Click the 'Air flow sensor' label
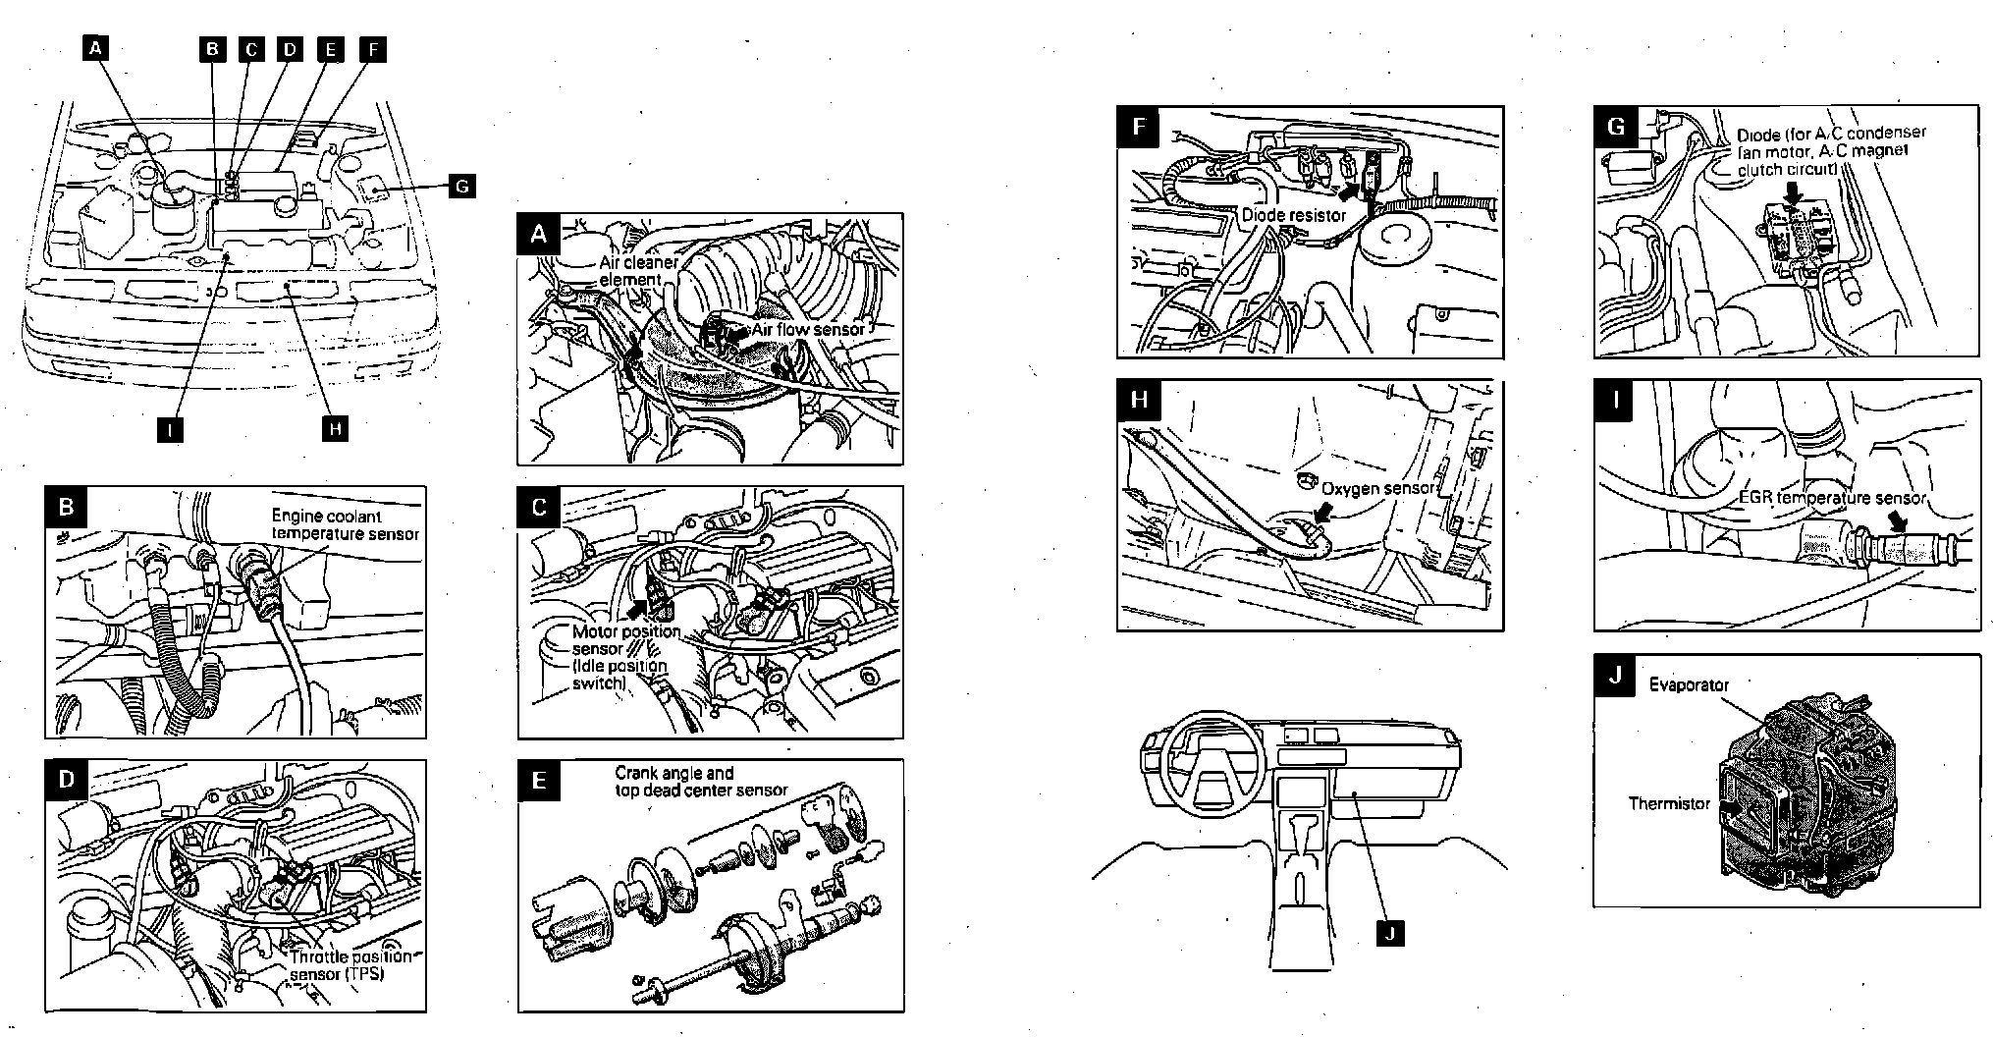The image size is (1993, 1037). [808, 329]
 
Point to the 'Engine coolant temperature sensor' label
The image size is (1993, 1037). [345, 524]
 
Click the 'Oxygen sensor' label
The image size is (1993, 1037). [1378, 488]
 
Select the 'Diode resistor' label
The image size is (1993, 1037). [1293, 215]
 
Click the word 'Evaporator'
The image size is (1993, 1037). [1689, 684]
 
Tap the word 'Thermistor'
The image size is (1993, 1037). [1669, 803]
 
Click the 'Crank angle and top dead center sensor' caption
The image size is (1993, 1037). [700, 781]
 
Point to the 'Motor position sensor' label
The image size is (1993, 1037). [625, 639]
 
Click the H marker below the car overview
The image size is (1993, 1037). [336, 428]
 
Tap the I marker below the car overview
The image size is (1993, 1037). [171, 429]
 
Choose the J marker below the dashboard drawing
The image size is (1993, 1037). [1388, 933]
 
